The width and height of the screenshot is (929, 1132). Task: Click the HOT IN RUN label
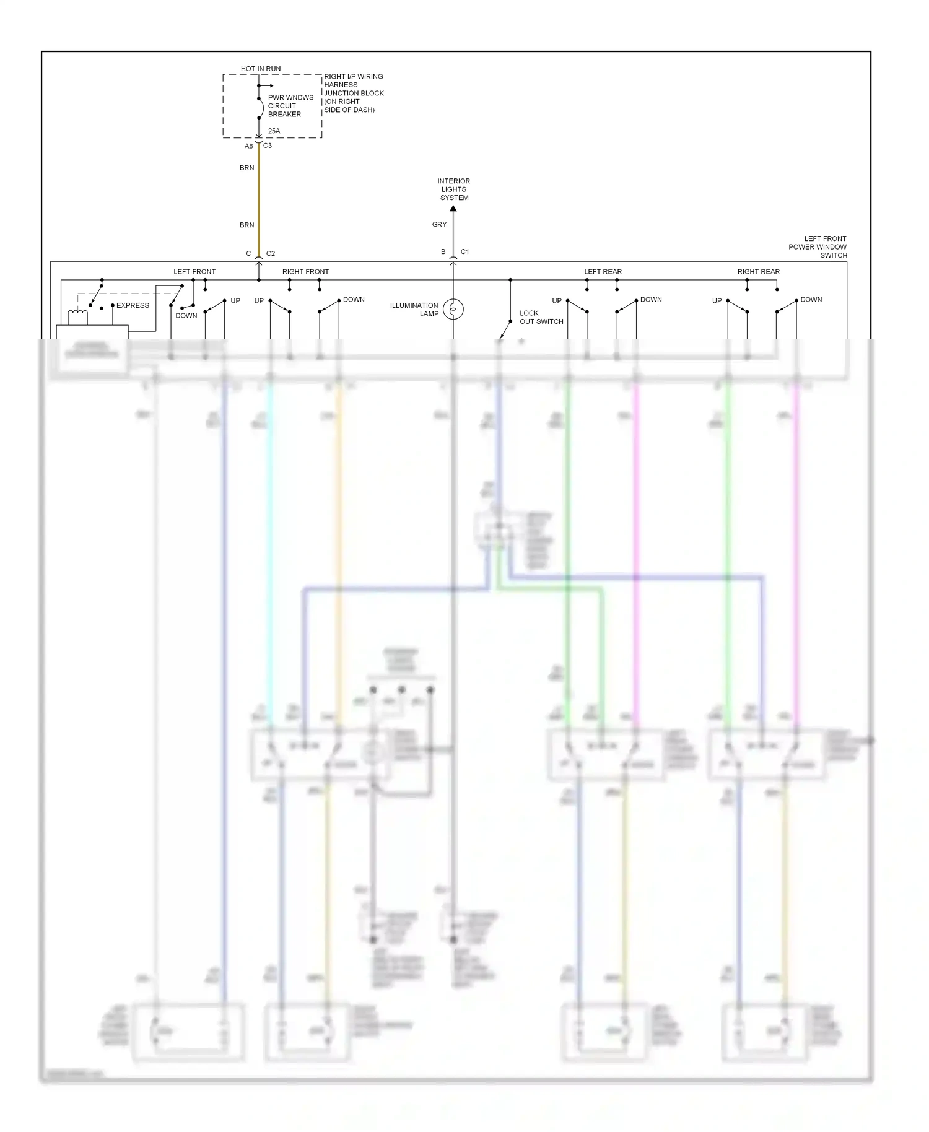[260, 69]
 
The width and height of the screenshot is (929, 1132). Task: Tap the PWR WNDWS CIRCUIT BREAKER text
[290, 106]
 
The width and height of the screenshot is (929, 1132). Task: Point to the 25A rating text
[274, 131]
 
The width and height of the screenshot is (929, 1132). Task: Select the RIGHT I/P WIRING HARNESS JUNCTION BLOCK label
[353, 93]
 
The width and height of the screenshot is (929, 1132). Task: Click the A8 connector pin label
[248, 146]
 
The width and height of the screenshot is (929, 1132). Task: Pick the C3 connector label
[268, 146]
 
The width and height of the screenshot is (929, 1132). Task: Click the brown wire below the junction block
[259, 198]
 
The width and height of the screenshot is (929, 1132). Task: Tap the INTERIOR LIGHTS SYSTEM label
[453, 189]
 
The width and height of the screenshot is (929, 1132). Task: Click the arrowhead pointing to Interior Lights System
[453, 209]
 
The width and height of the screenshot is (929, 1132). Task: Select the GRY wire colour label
[439, 225]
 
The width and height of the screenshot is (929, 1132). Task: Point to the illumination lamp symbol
[453, 309]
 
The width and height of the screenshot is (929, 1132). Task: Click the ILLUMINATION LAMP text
[414, 310]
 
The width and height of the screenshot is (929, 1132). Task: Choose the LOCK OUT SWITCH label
[541, 317]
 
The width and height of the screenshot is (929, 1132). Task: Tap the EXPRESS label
[133, 305]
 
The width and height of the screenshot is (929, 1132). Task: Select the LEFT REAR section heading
[603, 272]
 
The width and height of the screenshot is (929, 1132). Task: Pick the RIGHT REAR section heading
[758, 272]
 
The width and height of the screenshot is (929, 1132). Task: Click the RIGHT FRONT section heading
[305, 272]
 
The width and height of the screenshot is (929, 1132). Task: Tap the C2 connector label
[271, 254]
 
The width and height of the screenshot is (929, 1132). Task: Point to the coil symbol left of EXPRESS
[77, 316]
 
